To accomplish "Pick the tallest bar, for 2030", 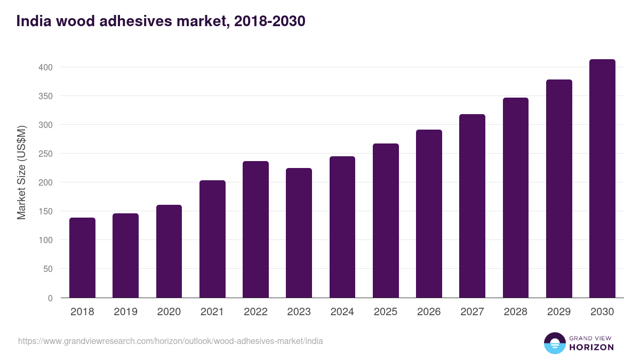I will (x=602, y=179).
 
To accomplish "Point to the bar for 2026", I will (x=429, y=214).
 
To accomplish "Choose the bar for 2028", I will (x=516, y=198).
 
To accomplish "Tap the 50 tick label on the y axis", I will (x=47, y=269).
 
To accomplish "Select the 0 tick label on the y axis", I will (x=50, y=298).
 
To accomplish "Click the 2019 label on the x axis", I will (x=125, y=312).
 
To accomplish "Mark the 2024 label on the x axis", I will (x=342, y=312).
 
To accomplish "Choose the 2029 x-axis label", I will (x=559, y=312).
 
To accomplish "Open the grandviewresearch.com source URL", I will (x=170, y=341).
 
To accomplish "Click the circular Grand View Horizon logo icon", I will (x=554, y=343).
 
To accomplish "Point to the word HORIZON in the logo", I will (x=591, y=347).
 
